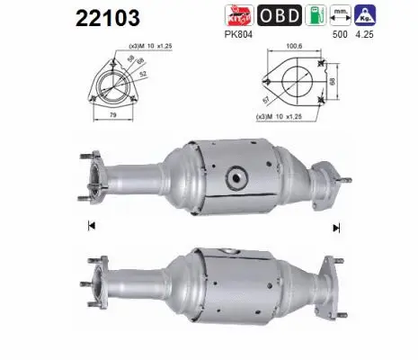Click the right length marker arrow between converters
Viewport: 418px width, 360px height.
pos(335,226)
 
